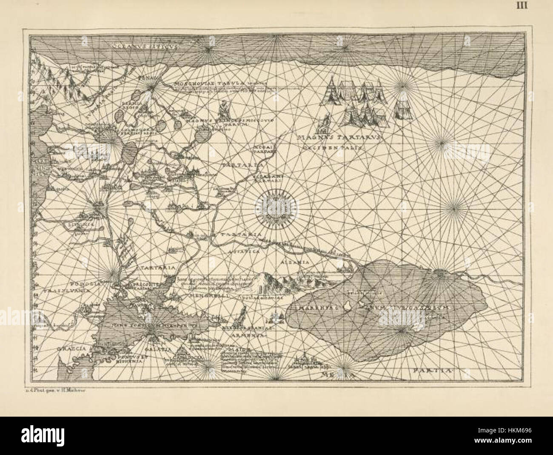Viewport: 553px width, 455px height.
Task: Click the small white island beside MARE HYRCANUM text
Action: (x=348, y=306)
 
